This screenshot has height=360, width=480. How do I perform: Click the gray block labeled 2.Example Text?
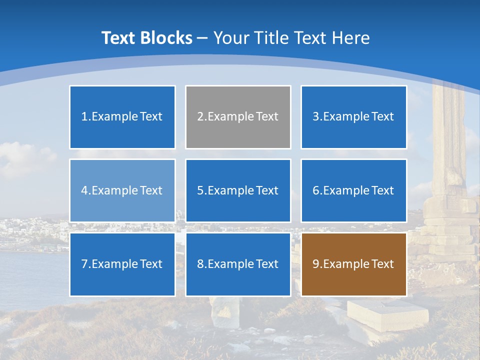coord(238,117)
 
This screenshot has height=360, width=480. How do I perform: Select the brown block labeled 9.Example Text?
coord(353,264)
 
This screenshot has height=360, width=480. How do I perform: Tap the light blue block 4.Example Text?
coord(122,190)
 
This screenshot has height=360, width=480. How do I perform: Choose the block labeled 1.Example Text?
coord(122,117)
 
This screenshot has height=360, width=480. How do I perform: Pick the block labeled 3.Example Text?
coord(353,117)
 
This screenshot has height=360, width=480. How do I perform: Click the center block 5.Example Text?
coord(238,190)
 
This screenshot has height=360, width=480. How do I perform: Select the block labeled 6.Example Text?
coord(353,190)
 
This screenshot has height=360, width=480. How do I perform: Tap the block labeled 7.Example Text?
coord(122,264)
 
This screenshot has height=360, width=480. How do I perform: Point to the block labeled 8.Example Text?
coord(238,264)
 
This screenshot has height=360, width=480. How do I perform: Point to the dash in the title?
coord(202,38)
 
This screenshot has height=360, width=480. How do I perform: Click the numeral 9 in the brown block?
coord(315,264)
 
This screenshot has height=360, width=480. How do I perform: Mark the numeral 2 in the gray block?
coord(200,116)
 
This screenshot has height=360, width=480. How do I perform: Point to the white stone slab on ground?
coord(387,313)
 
